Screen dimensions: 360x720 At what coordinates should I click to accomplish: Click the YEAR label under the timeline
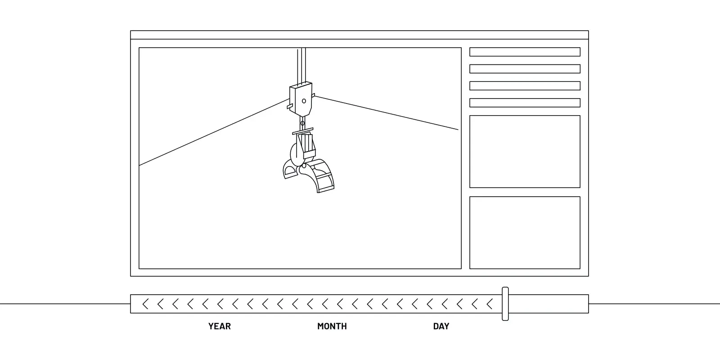click(x=219, y=326)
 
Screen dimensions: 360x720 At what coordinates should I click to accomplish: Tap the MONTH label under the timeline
click(x=332, y=326)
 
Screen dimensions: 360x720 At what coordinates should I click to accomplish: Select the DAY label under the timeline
click(x=441, y=326)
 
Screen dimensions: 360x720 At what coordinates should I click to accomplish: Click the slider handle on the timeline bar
click(x=505, y=304)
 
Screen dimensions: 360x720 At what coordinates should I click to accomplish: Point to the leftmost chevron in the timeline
click(x=145, y=304)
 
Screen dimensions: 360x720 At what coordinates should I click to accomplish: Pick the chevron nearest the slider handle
click(x=490, y=304)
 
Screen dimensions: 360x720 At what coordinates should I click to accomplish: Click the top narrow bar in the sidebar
click(x=525, y=52)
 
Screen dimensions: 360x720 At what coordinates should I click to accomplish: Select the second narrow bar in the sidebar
click(x=525, y=69)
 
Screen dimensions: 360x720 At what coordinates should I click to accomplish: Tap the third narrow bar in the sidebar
click(x=525, y=86)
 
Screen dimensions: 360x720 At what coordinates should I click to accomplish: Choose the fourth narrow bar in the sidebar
click(x=525, y=103)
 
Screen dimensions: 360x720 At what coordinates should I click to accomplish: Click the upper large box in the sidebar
click(x=525, y=152)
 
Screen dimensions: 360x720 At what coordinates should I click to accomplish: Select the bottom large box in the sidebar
click(x=525, y=233)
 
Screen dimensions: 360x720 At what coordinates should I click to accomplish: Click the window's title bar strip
click(x=359, y=35)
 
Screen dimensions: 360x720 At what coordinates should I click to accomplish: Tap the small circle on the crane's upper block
click(x=304, y=101)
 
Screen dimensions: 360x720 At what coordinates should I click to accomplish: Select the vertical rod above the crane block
click(x=301, y=65)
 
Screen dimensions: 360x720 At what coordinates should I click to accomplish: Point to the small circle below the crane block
click(x=302, y=123)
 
